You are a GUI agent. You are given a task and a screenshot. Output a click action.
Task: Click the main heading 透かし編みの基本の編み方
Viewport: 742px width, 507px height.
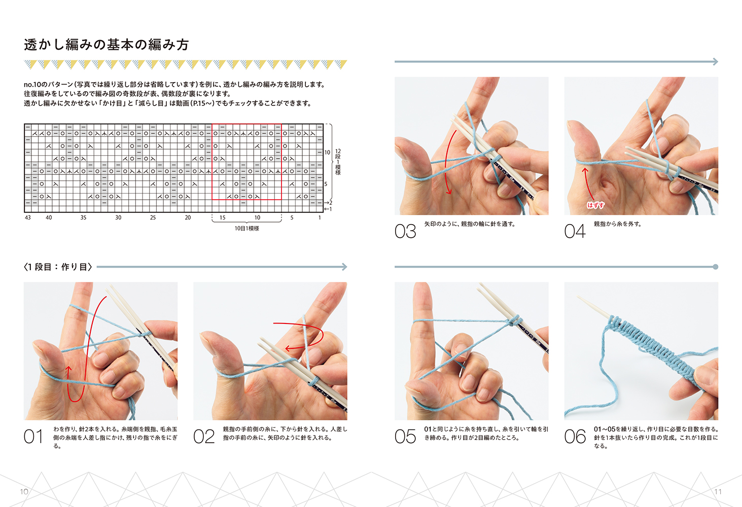(x=107, y=45)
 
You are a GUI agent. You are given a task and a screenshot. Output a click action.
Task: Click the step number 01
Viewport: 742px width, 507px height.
(x=33, y=436)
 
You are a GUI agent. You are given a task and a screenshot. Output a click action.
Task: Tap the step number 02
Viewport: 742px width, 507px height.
(x=204, y=436)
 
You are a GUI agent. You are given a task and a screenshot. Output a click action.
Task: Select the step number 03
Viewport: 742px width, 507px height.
(x=405, y=231)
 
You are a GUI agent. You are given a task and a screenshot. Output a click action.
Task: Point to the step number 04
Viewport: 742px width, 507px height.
(x=575, y=231)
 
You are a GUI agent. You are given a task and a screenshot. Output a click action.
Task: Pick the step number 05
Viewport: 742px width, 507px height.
(x=405, y=436)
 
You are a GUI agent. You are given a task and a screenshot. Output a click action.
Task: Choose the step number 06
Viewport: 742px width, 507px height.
(x=575, y=436)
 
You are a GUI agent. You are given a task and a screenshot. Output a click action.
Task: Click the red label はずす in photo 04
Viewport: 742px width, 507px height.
(x=595, y=205)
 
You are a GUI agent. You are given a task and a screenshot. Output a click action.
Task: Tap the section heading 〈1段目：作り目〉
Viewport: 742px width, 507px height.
(x=58, y=267)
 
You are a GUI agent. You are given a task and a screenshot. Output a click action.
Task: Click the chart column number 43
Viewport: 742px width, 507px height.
(x=28, y=218)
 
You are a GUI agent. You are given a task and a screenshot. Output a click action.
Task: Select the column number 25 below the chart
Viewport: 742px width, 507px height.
(x=153, y=218)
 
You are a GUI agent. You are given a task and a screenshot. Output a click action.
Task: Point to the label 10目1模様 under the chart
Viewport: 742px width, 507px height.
(x=247, y=229)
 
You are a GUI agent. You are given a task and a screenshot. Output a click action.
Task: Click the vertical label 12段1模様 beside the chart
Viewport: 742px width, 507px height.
(x=338, y=162)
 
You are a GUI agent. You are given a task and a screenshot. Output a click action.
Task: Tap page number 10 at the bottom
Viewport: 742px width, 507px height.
(x=24, y=491)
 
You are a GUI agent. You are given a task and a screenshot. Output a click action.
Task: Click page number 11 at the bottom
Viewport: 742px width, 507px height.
(x=718, y=491)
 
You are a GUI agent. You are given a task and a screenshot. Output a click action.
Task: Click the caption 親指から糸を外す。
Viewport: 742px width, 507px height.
(x=618, y=224)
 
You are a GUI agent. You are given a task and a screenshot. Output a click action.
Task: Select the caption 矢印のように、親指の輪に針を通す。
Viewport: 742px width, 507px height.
(x=470, y=224)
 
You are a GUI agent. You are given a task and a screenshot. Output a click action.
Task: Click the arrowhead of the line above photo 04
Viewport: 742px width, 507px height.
(x=716, y=61)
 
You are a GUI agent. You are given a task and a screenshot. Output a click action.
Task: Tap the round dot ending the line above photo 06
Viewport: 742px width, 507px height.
(x=716, y=267)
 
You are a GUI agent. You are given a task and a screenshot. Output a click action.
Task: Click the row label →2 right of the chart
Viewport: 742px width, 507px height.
(x=328, y=203)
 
